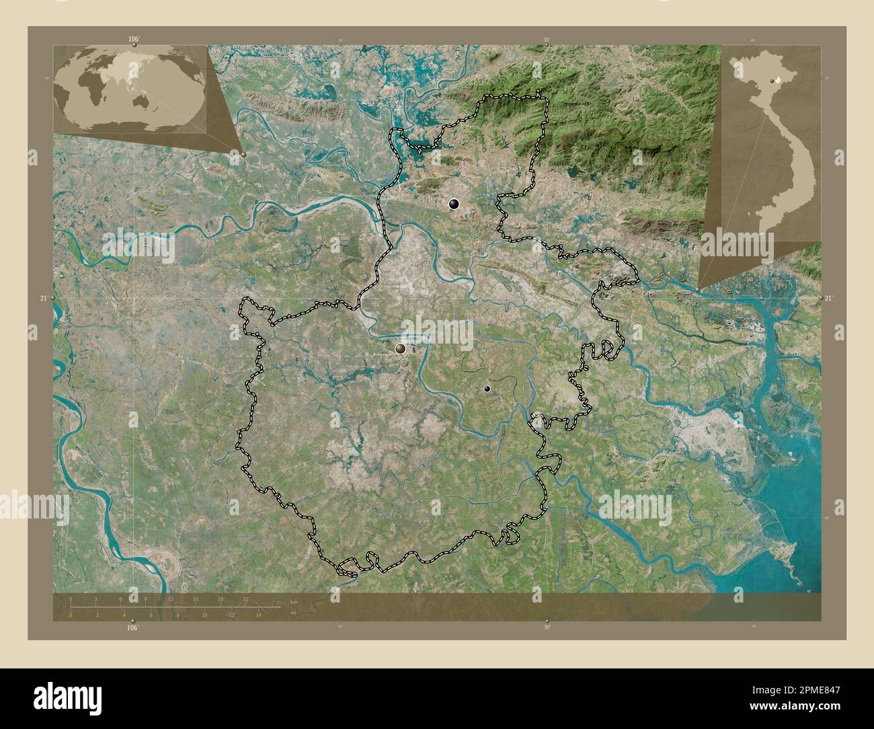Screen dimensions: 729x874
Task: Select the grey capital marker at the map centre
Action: pos(401,348)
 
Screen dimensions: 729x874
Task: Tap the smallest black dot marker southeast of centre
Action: pos(487,389)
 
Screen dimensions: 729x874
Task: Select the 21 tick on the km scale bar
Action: pos(245,599)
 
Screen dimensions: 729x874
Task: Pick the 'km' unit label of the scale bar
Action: pos(294,601)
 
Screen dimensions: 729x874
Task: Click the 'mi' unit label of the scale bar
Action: pos(292,613)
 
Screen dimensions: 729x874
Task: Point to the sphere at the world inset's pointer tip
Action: pos(243,154)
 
